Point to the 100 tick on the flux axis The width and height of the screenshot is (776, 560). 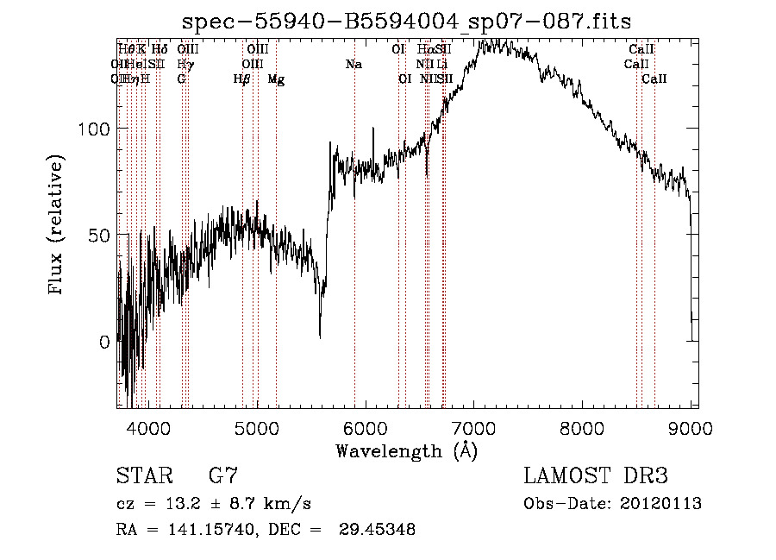pos(93,129)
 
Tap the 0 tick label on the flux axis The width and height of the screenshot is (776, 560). pos(104,342)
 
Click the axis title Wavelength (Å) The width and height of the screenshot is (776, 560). pos(406,450)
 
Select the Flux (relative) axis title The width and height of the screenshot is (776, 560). pos(58,226)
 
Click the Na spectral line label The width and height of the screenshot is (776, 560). pos(354,64)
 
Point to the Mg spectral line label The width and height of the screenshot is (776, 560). pos(276,79)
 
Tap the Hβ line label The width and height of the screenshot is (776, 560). pos(242,79)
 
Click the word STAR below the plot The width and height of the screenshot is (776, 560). pos(142,476)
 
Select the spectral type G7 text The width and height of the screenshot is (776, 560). pos(223,476)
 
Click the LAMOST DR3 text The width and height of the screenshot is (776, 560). pos(596,476)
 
